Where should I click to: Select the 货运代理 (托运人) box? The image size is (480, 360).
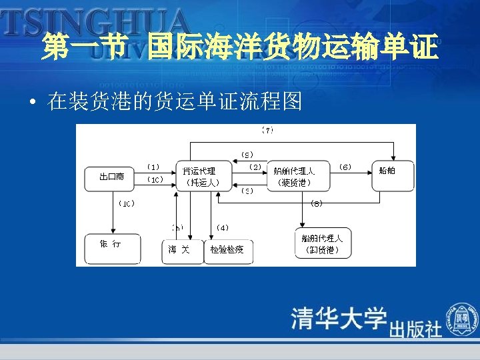click(199, 177)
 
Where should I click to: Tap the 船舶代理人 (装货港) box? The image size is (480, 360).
click(294, 177)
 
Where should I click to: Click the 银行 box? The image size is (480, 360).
click(111, 249)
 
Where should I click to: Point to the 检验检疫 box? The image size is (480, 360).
click(227, 251)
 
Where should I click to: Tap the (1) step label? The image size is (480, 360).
click(153, 167)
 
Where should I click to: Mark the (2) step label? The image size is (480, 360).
click(254, 167)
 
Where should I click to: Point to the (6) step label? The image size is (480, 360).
click(345, 167)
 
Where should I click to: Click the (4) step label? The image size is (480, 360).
click(223, 228)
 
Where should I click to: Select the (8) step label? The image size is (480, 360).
click(317, 203)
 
